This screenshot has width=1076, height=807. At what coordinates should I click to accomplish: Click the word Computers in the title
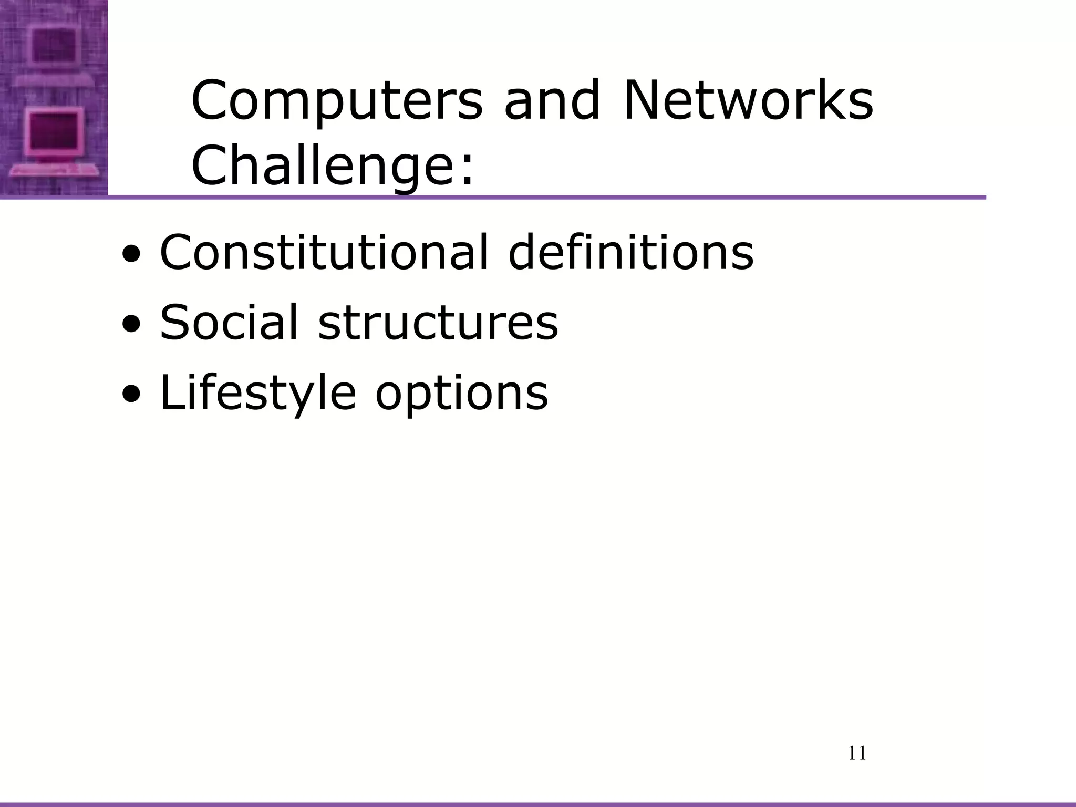pyautogui.click(x=336, y=101)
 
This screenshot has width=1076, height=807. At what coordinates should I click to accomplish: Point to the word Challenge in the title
pyautogui.click(x=320, y=166)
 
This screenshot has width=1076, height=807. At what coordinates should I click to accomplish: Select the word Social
pyautogui.click(x=229, y=322)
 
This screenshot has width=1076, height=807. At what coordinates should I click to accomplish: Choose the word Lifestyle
pyautogui.click(x=257, y=392)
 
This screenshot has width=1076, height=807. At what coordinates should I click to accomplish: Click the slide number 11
pyautogui.click(x=857, y=753)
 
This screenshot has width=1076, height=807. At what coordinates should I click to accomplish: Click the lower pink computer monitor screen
pyautogui.click(x=52, y=131)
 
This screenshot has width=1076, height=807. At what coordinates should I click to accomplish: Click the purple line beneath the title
pyautogui.click(x=546, y=198)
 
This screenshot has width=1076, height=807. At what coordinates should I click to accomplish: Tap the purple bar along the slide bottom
pyautogui.click(x=538, y=804)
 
